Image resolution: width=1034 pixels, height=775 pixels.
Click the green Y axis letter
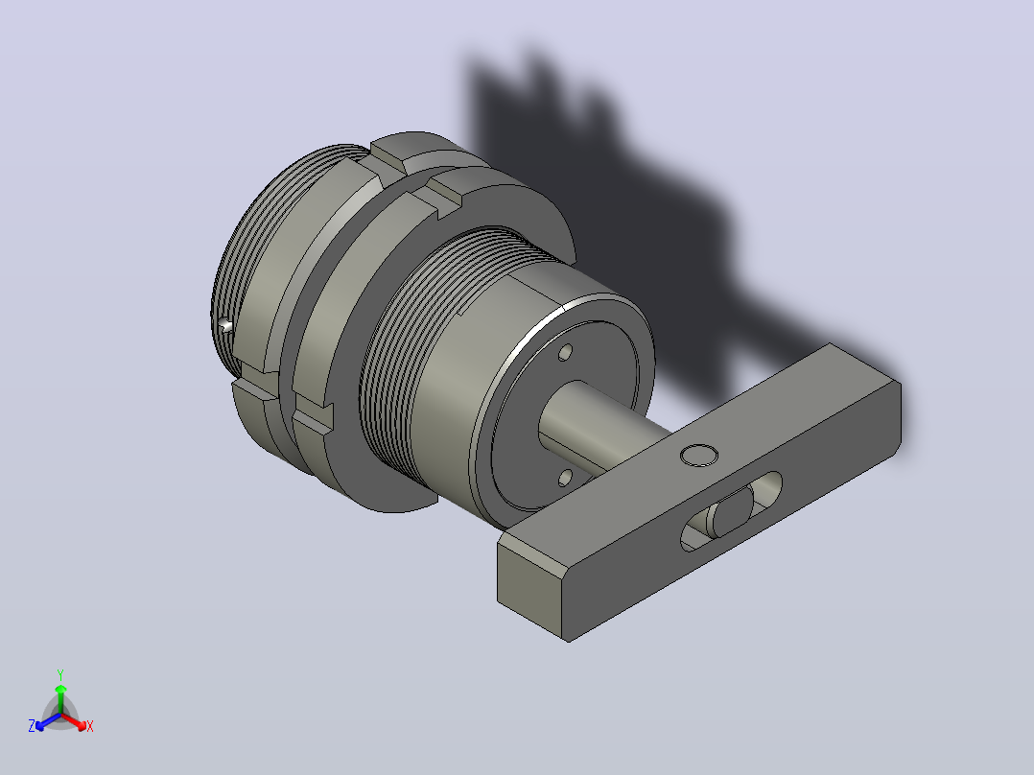pos(60,674)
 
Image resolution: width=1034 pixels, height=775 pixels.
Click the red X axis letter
pos(90,726)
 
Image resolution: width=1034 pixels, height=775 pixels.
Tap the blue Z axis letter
pos(32,726)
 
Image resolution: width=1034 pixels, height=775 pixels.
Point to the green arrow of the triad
pos(60,698)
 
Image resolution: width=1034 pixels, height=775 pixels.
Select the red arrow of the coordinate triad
pos(74,721)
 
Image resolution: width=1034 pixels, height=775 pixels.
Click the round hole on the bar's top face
pos(699,455)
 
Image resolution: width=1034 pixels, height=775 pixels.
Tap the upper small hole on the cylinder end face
pos(565,353)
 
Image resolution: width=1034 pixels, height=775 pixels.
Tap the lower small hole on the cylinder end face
pos(565,477)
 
